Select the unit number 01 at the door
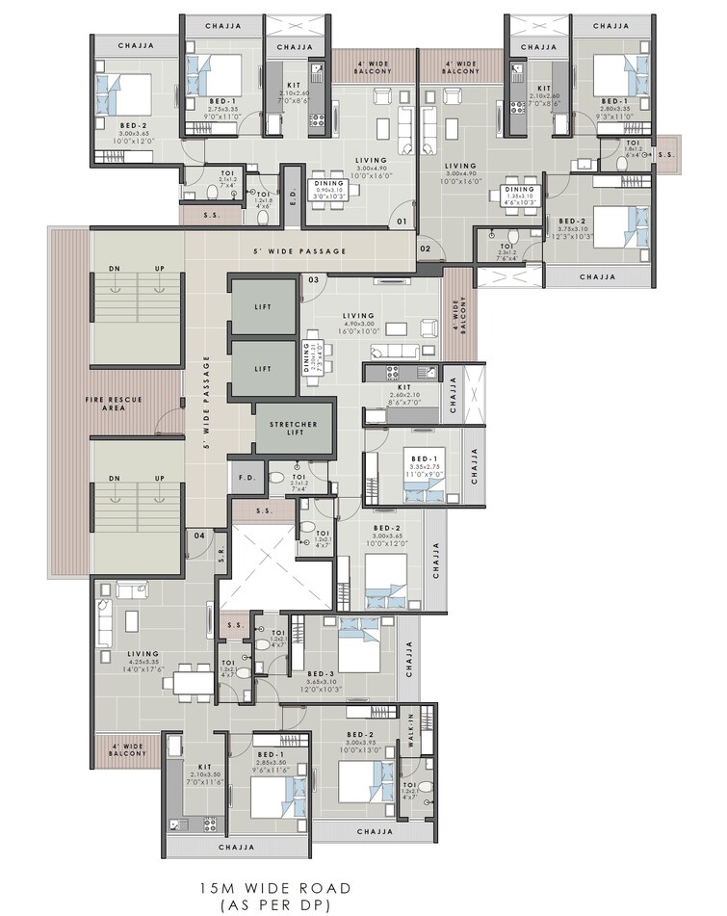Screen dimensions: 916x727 [402, 223]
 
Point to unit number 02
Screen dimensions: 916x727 [425, 249]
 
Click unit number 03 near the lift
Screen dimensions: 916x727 [313, 280]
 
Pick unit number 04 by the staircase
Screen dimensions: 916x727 [198, 535]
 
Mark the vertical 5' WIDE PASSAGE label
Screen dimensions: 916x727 [206, 405]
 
